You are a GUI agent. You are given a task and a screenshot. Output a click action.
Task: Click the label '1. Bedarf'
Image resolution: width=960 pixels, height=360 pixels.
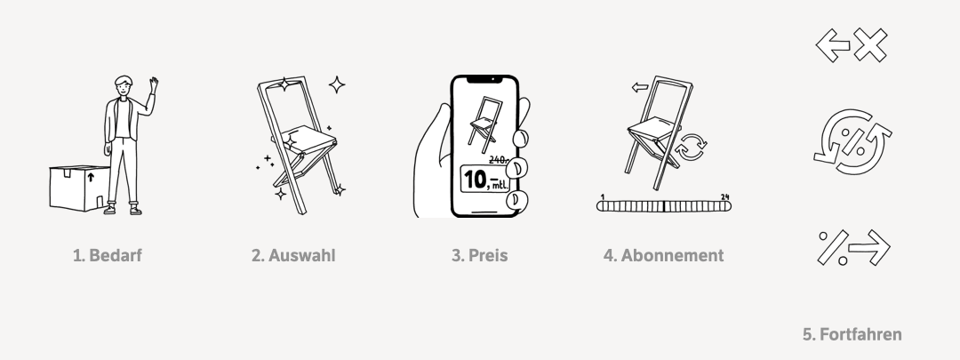coord(108,255)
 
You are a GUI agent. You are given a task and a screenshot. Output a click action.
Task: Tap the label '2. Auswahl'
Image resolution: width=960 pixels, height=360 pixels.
coord(293,255)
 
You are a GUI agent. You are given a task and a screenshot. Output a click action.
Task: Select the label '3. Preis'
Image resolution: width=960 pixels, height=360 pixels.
coord(479,255)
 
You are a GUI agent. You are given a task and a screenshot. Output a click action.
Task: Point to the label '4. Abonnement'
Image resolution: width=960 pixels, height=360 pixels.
coord(664,255)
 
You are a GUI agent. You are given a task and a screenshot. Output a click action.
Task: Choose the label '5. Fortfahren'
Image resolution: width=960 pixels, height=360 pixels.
coord(852,334)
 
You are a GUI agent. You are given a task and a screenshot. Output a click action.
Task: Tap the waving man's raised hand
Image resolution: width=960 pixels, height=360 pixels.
coord(154,84)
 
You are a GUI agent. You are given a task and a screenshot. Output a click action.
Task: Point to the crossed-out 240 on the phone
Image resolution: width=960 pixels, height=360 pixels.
coord(499,160)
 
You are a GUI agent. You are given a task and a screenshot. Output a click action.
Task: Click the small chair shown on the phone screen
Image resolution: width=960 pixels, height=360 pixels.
coord(485,124)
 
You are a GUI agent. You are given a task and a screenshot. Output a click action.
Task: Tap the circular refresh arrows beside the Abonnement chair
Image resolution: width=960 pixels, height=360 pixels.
coord(691,147)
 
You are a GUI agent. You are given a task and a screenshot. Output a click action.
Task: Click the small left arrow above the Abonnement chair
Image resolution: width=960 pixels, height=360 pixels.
coord(640,87)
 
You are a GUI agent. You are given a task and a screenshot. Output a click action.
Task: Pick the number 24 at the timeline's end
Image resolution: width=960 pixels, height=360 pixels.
coord(725,197)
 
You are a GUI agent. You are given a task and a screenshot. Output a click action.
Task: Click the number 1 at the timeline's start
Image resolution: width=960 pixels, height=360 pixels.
coord(603,197)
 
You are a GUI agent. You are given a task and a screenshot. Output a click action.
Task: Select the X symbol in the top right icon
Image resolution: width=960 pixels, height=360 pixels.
coord(870,44)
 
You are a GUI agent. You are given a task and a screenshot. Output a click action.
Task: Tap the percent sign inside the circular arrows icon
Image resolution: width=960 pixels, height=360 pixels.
coord(852,142)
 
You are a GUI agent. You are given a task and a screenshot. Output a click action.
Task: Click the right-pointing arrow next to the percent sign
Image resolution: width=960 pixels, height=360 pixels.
coord(869,247)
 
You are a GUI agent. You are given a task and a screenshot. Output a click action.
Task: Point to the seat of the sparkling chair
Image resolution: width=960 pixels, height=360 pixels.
coord(304,139)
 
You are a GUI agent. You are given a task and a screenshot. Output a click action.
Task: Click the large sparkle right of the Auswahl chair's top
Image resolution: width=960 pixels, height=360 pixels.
coord(337,84)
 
